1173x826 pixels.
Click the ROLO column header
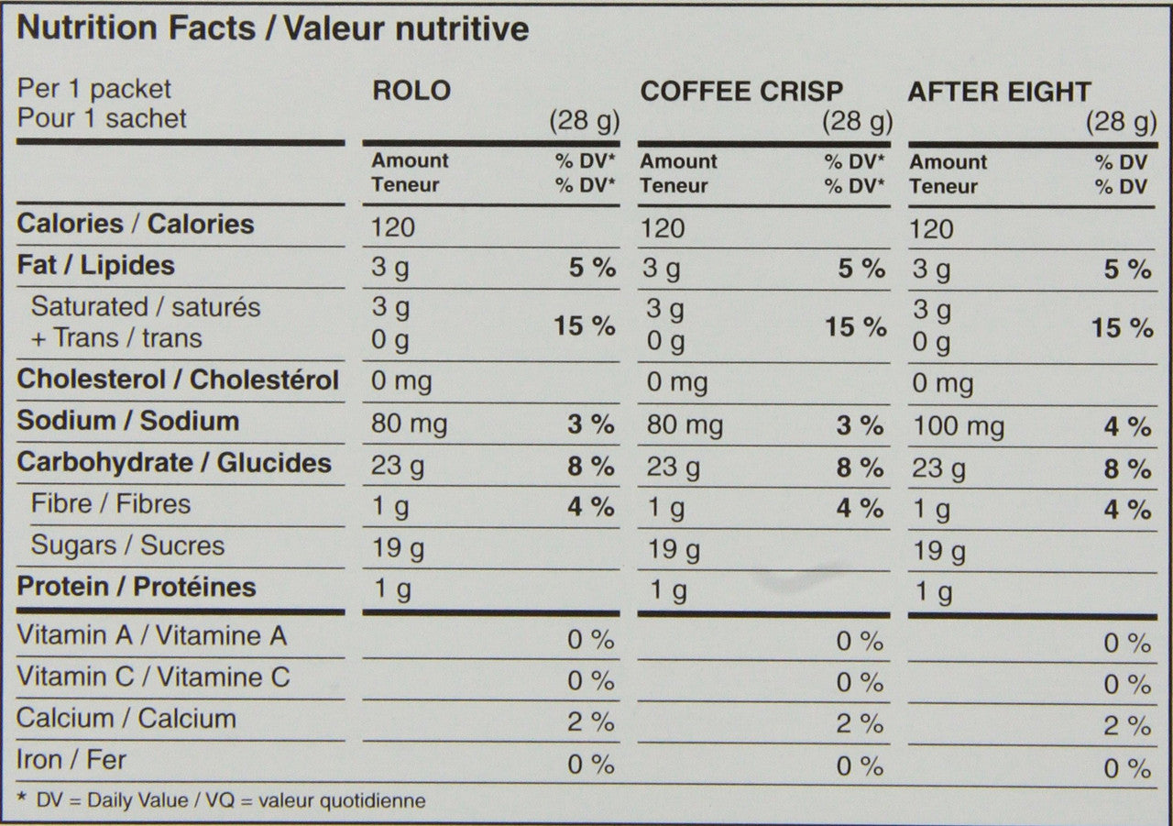411,91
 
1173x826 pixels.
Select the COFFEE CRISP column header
741,92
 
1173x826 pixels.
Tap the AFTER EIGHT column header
999,93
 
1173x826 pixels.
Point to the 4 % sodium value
1126,427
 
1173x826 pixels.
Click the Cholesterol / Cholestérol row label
178,380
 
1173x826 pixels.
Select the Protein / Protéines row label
137,588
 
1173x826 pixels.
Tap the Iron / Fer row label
71,760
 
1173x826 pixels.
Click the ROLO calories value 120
392,227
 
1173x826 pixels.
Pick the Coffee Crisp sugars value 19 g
674,550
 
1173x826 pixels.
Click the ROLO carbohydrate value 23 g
397,467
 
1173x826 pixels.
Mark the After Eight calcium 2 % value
1126,727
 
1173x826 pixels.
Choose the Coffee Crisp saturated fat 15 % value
855,327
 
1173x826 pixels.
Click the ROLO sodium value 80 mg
409,424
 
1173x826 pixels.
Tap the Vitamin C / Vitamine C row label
153,677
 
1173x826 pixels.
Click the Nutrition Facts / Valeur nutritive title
273,28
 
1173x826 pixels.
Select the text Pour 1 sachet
102,118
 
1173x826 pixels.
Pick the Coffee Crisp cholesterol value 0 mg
676,382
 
